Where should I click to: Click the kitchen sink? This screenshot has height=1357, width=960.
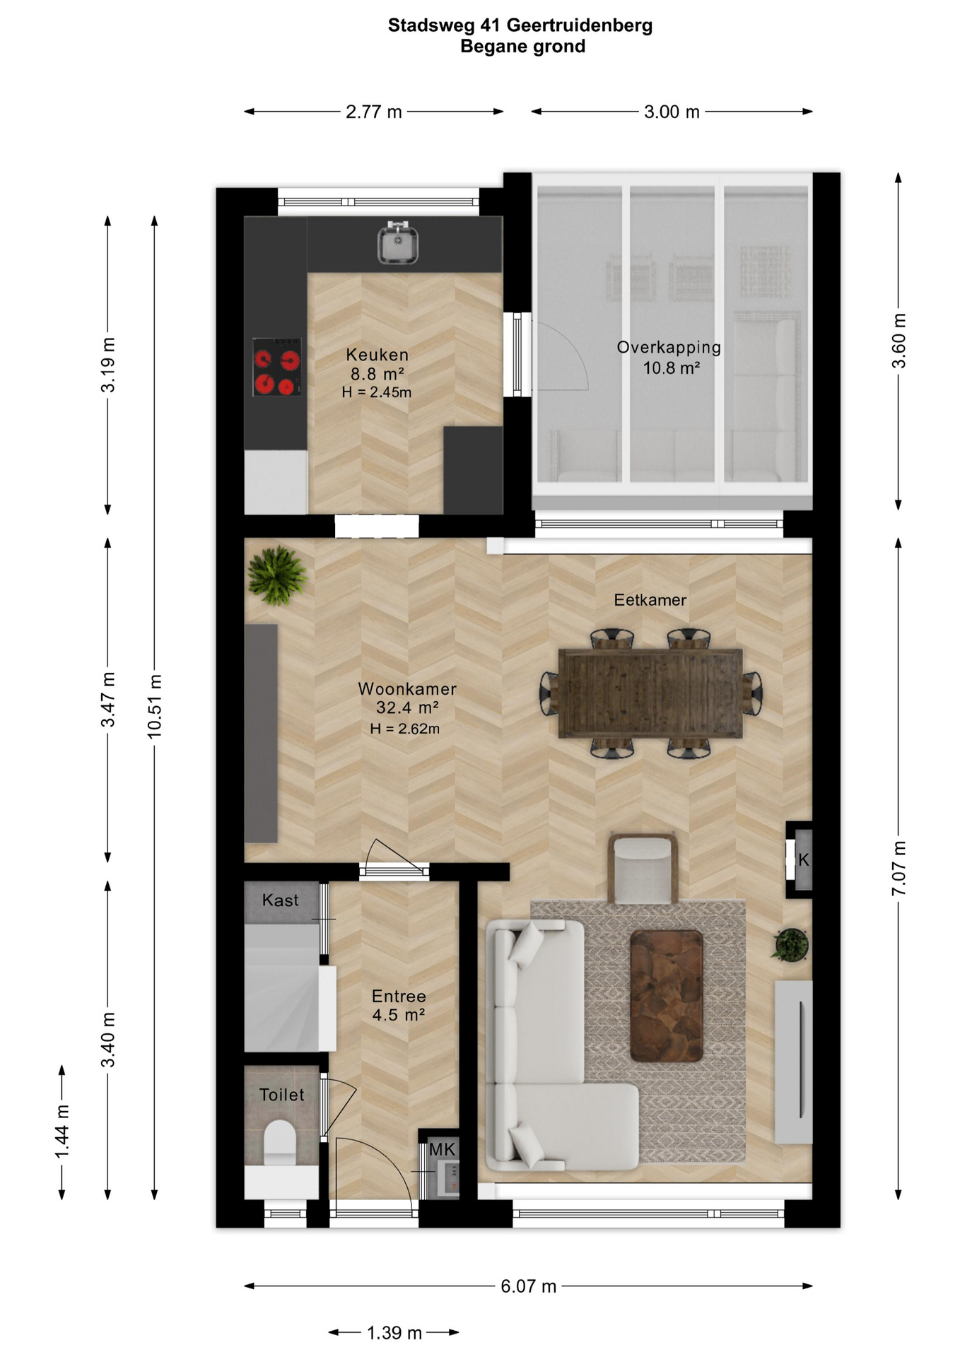click(397, 242)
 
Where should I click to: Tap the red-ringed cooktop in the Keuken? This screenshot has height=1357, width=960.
click(276, 367)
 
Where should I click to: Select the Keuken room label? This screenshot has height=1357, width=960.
click(377, 355)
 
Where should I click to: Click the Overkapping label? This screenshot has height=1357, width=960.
click(669, 347)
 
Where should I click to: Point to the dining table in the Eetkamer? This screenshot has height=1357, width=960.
click(650, 693)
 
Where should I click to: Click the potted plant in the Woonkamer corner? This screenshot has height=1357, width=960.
click(277, 575)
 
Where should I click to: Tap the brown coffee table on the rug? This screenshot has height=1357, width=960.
click(666, 996)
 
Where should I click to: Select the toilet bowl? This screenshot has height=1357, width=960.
click(280, 1141)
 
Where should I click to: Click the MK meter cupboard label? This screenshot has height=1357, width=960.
click(443, 1149)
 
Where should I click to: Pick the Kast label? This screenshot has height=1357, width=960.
click(280, 900)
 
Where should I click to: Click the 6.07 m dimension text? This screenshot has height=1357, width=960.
click(529, 1286)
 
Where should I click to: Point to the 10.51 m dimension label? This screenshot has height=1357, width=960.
click(155, 706)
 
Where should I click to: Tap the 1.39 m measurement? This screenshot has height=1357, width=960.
click(394, 1333)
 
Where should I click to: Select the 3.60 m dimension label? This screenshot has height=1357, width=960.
click(898, 341)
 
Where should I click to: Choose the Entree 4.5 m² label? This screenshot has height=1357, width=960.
click(399, 1006)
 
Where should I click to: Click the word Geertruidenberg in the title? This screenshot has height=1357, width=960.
click(580, 26)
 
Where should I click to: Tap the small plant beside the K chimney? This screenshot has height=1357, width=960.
click(791, 945)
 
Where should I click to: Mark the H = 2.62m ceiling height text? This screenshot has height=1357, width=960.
click(405, 729)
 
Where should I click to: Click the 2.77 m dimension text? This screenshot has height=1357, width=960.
click(374, 112)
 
